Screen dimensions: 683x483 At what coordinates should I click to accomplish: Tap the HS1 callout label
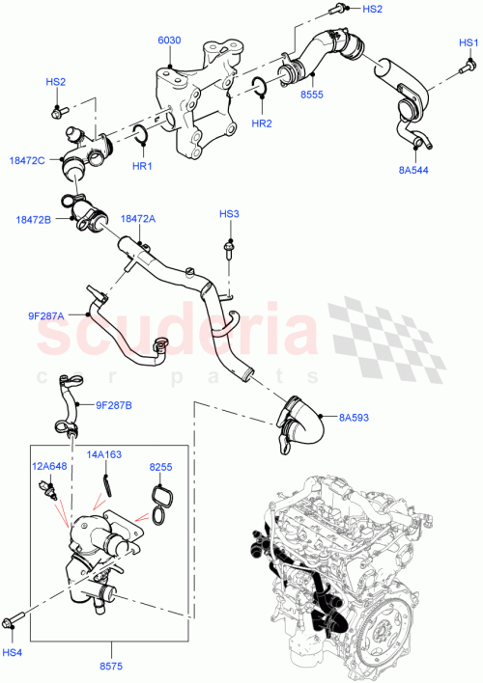point(469,43)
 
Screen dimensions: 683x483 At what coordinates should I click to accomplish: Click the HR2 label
point(262,123)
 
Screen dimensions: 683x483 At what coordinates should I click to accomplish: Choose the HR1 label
point(143,166)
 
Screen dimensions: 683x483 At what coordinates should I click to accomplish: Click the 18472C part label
point(28,159)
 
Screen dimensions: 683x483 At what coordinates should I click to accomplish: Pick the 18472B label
point(34,220)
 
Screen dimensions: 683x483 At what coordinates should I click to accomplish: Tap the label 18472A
point(138,219)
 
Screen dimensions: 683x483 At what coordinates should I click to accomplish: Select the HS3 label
point(229,214)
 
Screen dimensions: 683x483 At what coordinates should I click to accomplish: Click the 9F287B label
point(115,405)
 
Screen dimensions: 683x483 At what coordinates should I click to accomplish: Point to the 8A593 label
point(355,418)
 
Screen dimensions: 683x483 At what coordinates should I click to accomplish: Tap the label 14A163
point(105,452)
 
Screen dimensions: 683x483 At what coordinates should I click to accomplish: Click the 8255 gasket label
point(160,467)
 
